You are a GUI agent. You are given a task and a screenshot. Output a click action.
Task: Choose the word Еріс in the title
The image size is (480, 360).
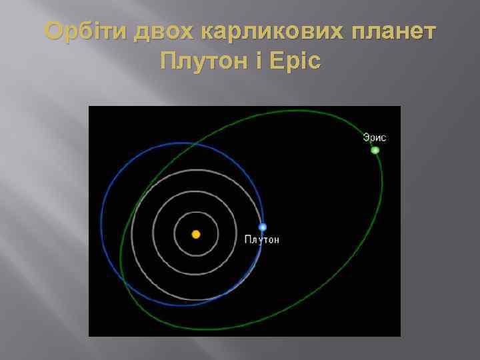pos(294,62)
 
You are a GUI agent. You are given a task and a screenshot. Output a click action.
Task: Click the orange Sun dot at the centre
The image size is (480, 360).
pos(196,234)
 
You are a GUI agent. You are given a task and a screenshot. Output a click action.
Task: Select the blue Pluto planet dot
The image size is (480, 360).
pos(263,227)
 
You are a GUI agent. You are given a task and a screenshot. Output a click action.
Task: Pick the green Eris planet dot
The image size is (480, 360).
pos(375,150)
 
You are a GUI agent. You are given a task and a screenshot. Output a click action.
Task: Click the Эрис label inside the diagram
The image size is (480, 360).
pos(375,138)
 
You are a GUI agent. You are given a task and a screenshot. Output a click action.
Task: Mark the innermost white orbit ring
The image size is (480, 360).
pos(175,234)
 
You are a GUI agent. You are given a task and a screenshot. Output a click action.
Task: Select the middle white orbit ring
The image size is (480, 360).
pos(153,234)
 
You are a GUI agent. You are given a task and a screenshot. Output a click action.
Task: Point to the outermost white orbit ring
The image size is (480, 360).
pos(133,234)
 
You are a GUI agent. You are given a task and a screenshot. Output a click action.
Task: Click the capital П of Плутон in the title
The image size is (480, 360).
pos(167,62)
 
